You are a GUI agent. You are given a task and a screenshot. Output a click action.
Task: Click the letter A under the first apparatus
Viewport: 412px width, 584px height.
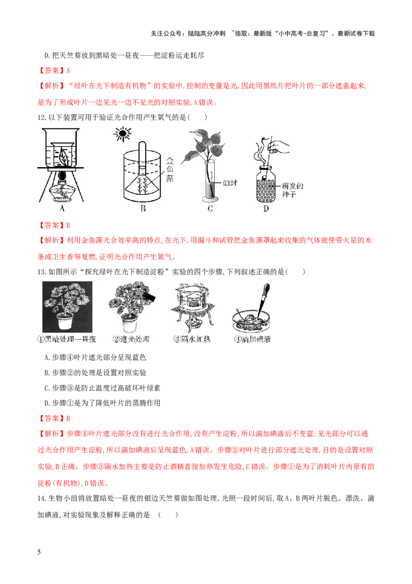62,208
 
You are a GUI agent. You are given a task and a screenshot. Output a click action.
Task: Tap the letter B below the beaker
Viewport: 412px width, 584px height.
144,208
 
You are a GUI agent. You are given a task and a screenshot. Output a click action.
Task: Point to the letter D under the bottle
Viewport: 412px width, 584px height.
266,208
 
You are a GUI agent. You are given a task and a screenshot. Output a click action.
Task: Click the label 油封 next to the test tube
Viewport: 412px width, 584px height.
230,183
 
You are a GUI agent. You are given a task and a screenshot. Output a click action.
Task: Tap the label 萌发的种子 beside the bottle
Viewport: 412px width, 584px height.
294,190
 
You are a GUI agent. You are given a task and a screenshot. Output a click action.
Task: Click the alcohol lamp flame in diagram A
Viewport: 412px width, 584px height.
62,176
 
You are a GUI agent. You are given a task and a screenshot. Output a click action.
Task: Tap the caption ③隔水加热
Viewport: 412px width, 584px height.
193,340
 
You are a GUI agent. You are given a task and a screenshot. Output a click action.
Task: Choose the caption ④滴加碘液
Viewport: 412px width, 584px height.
252,340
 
